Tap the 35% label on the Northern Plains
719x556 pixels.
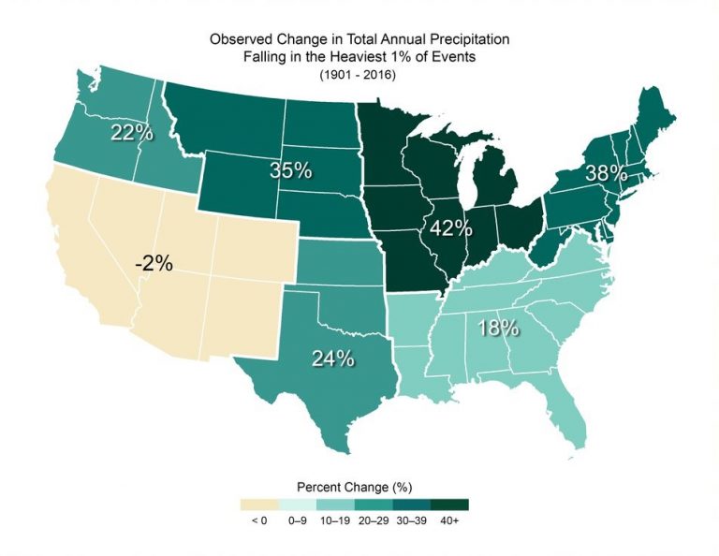tap(290, 171)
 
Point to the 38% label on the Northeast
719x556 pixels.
tap(608, 174)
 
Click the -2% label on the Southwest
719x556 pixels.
tap(154, 263)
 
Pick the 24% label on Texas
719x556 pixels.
tap(332, 358)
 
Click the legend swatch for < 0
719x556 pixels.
tap(258, 505)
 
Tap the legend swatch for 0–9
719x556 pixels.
tap(297, 505)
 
